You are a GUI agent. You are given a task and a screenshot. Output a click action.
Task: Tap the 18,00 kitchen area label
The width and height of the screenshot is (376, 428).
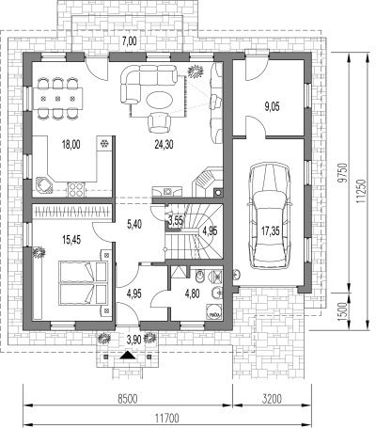tap(71, 145)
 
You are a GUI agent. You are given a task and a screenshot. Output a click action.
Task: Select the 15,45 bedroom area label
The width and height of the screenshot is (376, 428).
tap(71, 240)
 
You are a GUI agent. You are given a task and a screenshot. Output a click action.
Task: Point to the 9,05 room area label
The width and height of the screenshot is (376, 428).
tap(272, 107)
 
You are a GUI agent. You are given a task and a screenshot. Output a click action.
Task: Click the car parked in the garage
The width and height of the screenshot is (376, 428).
tap(269, 216)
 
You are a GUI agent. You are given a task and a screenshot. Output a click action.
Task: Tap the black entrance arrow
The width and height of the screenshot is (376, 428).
tap(127, 356)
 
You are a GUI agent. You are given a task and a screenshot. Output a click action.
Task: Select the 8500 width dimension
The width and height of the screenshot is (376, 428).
tap(128, 399)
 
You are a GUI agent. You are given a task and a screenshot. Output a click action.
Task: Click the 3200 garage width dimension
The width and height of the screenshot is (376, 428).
tap(272, 399)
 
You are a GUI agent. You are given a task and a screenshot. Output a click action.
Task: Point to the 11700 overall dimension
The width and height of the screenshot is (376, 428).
tap(167, 419)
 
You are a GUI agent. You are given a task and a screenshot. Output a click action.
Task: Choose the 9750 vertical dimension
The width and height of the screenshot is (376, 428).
tap(345, 172)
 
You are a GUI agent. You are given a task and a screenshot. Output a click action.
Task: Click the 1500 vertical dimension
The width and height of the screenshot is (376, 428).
tap(344, 311)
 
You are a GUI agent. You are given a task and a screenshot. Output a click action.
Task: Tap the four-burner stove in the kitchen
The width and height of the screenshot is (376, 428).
tap(76, 189)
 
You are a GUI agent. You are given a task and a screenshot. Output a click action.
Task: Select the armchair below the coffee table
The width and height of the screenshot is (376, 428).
tap(160, 122)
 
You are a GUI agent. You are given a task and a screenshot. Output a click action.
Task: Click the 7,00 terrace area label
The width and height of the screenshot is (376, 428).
tap(130, 41)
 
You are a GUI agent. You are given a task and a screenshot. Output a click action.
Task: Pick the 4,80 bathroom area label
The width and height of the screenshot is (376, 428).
tap(193, 293)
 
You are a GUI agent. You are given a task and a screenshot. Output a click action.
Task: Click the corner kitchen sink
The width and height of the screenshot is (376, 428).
tap(44, 185)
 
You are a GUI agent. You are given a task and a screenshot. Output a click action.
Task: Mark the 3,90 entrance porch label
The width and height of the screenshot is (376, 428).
tap(133, 340)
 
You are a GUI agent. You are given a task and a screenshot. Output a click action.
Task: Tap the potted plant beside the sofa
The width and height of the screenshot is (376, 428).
tap(196, 71)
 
